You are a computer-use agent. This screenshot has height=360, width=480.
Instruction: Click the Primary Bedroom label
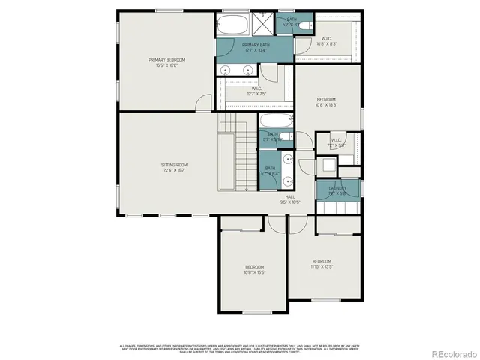pyautogui.click(x=166, y=62)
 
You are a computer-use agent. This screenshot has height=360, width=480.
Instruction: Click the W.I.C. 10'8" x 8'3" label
pyautogui.click(x=327, y=41)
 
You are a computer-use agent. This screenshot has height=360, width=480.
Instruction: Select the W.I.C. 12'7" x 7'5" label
pyautogui.click(x=256, y=91)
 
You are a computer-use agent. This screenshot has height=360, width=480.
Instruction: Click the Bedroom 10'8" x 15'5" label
pyautogui.click(x=255, y=269)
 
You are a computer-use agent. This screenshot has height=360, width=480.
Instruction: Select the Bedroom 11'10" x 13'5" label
pyautogui.click(x=322, y=263)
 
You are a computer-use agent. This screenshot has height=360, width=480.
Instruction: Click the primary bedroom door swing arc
pyautogui.click(x=202, y=103)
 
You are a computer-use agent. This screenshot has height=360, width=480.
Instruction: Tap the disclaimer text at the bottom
pyautogui.click(x=240, y=348)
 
